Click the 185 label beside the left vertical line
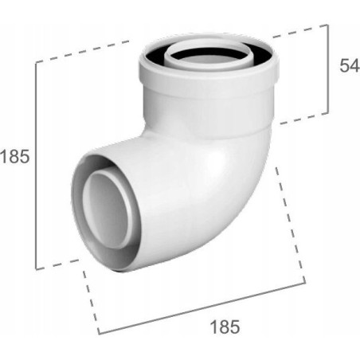14,157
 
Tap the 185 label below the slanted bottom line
225,327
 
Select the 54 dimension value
350,65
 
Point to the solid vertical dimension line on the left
36,166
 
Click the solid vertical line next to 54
328,69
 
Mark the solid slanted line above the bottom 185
202,308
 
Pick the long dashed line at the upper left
83,52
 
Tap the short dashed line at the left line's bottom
57,264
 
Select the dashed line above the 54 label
300,30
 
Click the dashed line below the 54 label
304,119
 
